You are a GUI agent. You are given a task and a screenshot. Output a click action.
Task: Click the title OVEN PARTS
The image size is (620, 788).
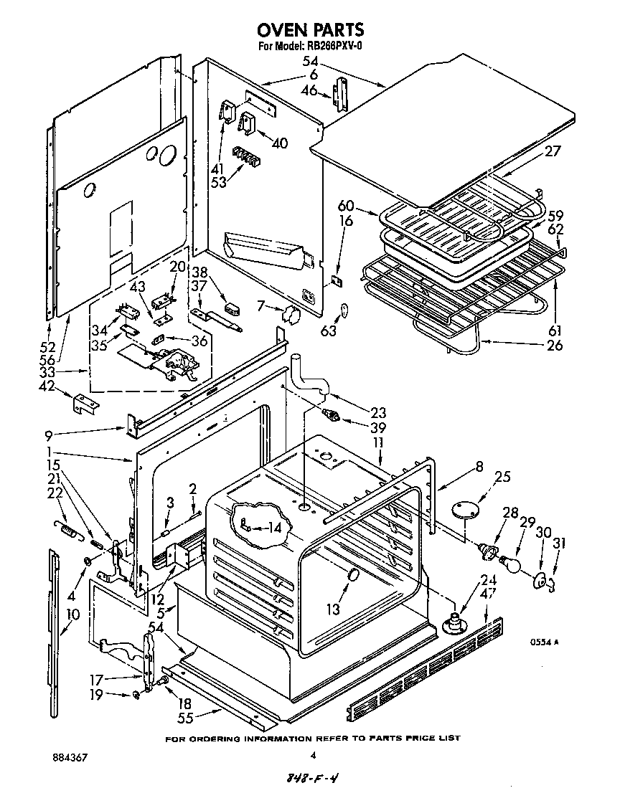(x=311, y=30)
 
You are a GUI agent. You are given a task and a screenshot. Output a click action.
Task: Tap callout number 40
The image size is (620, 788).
(x=279, y=143)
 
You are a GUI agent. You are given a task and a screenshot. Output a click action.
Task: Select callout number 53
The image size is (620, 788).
(x=219, y=181)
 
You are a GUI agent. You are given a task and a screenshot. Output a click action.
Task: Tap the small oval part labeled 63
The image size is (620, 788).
(x=344, y=310)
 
